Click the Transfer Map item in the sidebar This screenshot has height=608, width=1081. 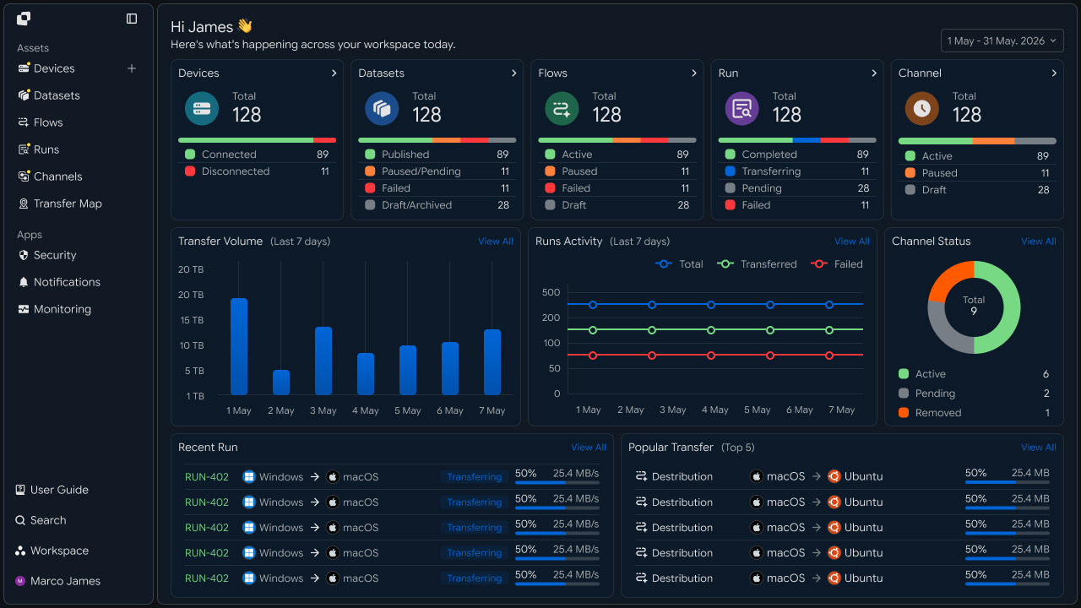point(60,204)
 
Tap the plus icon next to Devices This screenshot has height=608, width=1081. point(131,68)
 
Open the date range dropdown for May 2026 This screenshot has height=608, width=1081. point(1002,41)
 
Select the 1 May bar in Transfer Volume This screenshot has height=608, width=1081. point(239,346)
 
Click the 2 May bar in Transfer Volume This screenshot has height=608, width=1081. point(281,383)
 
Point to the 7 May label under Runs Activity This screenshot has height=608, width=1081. point(842,410)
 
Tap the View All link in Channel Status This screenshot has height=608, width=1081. point(1038,242)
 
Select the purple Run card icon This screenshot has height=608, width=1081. point(741,109)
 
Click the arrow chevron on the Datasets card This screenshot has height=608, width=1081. point(513,73)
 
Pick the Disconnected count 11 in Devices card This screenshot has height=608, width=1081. point(325,171)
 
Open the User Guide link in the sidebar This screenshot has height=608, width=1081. point(52,490)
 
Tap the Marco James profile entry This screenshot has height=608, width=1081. point(57,581)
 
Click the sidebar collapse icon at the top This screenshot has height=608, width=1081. point(131,19)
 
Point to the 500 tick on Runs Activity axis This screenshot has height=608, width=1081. point(551,292)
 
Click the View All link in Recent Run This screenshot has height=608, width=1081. point(589,448)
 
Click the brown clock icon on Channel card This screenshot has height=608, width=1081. point(921,109)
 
